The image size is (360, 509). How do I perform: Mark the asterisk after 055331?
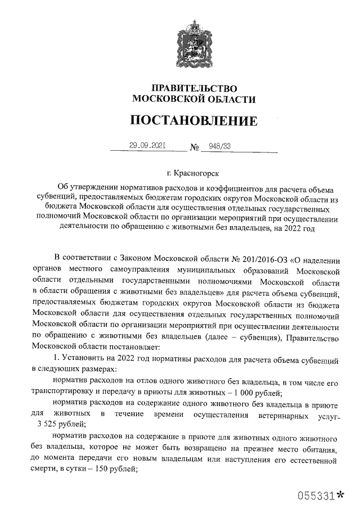point(340,495)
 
